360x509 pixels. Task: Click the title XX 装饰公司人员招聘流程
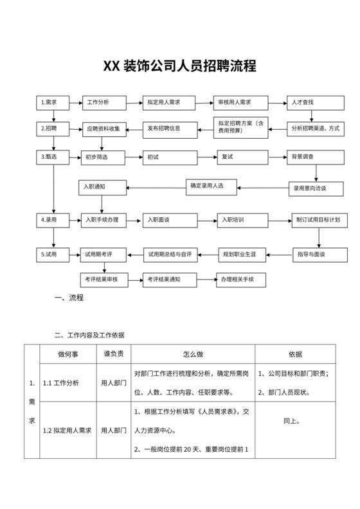(x=180, y=66)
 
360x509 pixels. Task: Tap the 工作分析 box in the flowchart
(x=102, y=102)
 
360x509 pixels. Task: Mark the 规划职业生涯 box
(x=244, y=254)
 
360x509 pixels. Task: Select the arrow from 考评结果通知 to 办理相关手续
(x=204, y=280)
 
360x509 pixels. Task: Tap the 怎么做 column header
(x=193, y=354)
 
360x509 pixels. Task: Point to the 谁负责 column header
(x=114, y=354)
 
